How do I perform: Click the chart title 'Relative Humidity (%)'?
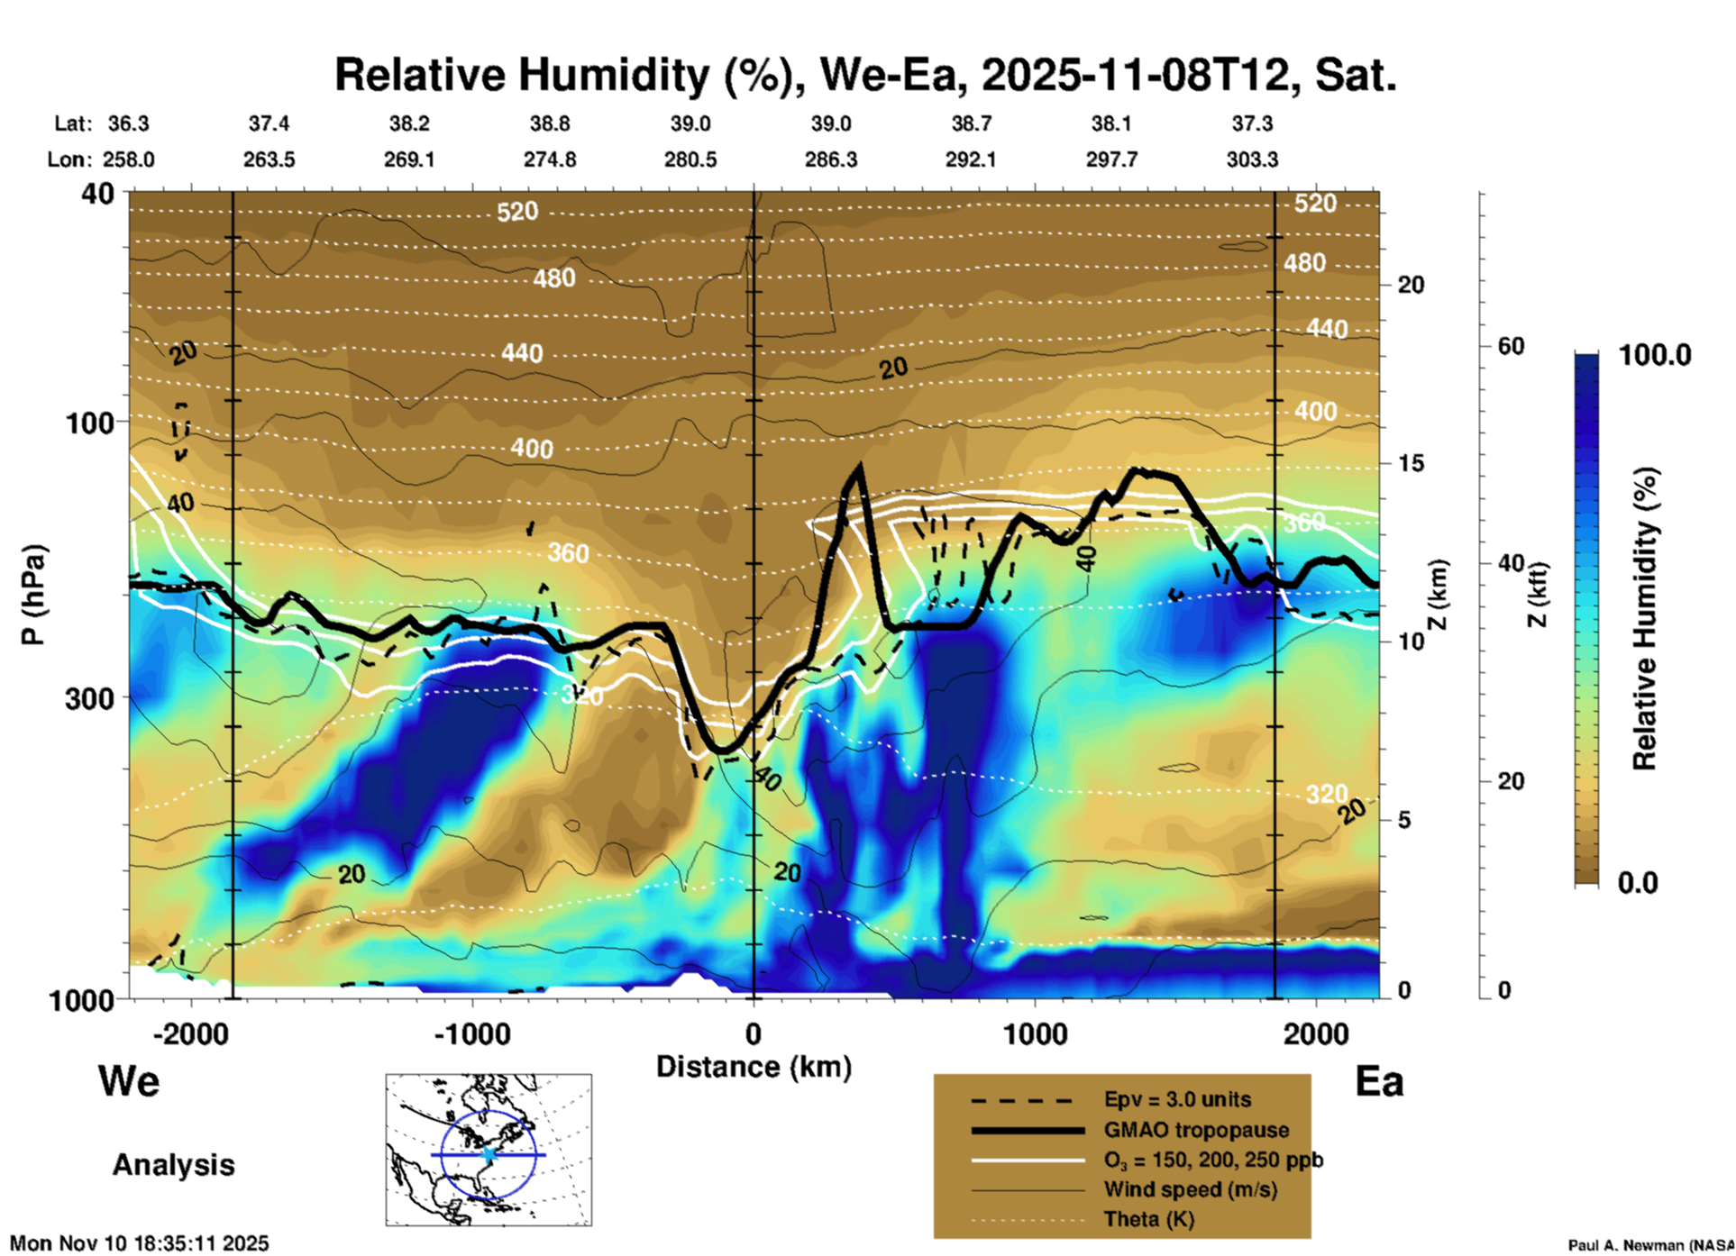(x=557, y=75)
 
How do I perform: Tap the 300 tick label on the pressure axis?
(x=88, y=698)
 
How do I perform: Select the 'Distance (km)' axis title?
(x=754, y=1067)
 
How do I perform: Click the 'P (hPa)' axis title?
(x=33, y=594)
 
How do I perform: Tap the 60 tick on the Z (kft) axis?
(x=1511, y=346)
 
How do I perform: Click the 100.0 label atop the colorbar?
(x=1655, y=355)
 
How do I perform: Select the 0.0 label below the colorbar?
(x=1638, y=882)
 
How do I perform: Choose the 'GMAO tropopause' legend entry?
(x=1195, y=1130)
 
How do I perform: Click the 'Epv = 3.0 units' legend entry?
(x=1177, y=1099)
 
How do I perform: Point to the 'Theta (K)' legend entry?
(x=1148, y=1219)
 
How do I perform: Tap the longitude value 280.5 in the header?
(x=690, y=159)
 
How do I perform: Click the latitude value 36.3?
(x=128, y=123)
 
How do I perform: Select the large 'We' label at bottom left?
(x=129, y=1081)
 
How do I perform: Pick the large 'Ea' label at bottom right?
(x=1378, y=1081)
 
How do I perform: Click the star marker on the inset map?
(x=489, y=1154)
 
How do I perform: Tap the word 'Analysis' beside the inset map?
(x=173, y=1164)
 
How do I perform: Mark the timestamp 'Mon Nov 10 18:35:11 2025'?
(x=140, y=1243)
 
